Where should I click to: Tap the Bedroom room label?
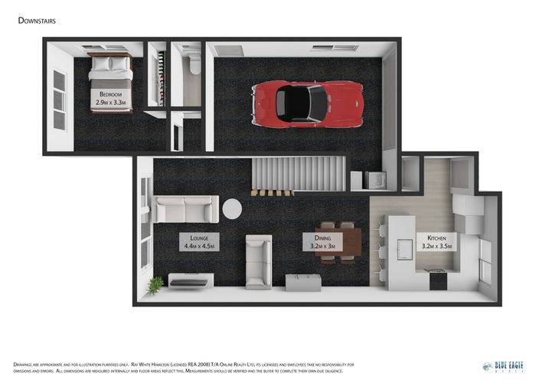111,98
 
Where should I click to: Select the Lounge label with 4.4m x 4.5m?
199,242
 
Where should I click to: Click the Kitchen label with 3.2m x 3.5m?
436,242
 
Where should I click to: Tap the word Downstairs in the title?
37,21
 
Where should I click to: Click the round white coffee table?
232,209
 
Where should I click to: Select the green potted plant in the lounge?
156,284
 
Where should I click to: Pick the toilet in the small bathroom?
192,64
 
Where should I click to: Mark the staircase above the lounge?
299,175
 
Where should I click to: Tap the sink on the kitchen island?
403,246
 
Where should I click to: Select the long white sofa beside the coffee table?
185,208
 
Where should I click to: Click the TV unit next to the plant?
188,283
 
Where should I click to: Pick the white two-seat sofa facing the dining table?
258,260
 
